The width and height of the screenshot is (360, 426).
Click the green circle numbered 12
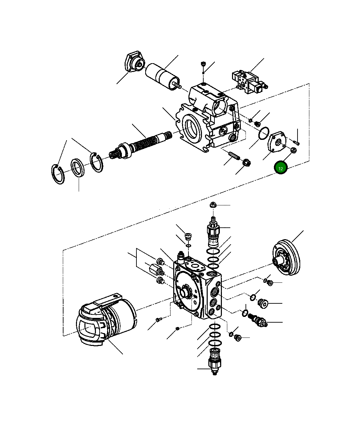(281, 168)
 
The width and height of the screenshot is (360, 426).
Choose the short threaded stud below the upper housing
(233, 156)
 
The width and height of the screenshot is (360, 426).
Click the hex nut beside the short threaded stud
(247, 163)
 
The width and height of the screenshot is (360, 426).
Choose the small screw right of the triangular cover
(297, 142)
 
